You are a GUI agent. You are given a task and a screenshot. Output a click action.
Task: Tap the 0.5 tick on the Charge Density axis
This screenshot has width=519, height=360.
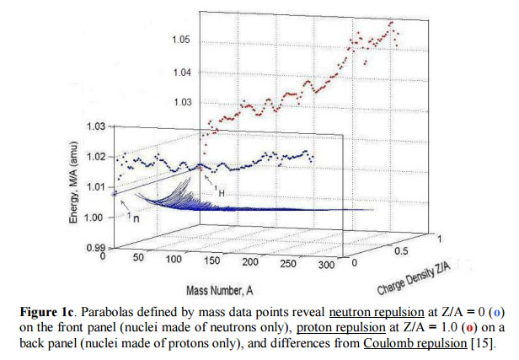tap(402, 251)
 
